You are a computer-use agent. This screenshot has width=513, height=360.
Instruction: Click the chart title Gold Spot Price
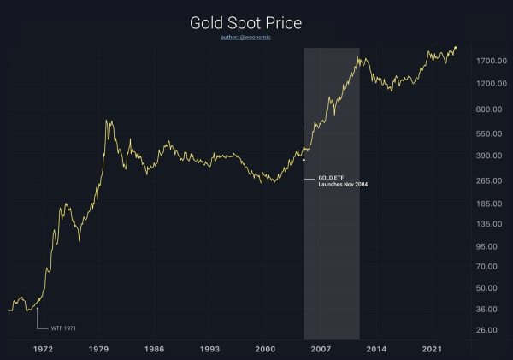(256, 22)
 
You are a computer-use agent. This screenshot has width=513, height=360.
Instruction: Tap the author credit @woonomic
(256, 38)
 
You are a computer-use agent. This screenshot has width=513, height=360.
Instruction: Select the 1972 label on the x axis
(44, 349)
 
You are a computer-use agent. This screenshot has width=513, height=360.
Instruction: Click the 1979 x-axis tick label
(99, 349)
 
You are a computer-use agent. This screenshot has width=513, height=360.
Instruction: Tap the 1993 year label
(210, 349)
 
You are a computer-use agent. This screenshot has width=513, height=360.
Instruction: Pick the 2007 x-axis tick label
(321, 349)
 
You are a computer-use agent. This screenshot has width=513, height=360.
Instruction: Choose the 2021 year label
(433, 349)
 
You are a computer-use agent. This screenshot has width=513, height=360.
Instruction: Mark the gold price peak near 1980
(107, 121)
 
